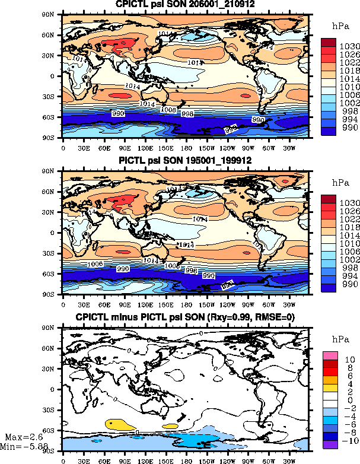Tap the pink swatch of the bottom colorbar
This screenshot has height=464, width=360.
pos(330,355)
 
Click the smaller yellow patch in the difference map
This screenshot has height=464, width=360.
pos(173,426)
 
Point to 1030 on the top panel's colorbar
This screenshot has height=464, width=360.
pos(346,47)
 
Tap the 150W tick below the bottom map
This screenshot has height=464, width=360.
pos(208,459)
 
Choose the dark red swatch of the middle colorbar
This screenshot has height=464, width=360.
pos(329,199)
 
